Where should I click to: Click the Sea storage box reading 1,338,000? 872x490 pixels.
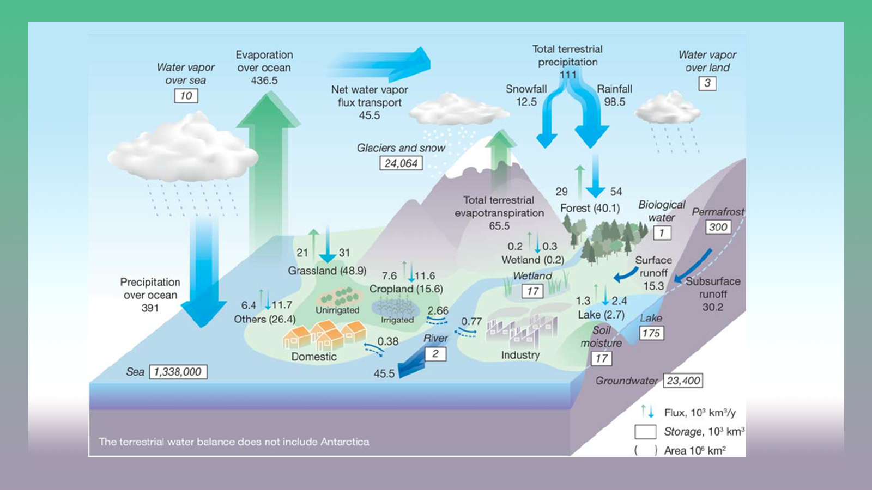tap(178, 372)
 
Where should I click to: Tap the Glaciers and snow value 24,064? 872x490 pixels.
tap(401, 163)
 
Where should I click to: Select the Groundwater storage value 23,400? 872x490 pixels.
tap(683, 381)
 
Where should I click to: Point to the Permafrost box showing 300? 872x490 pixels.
tap(718, 227)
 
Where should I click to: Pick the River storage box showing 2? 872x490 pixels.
tap(435, 354)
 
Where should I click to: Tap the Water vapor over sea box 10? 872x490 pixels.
tap(186, 96)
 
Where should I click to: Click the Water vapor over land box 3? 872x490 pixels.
tap(707, 83)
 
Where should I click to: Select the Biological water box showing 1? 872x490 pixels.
tap(662, 233)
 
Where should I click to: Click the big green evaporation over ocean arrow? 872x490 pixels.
tap(267, 163)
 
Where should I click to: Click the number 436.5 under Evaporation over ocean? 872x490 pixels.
tap(264, 81)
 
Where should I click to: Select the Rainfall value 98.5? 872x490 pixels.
tap(614, 102)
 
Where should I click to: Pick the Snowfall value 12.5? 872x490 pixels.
tap(526, 102)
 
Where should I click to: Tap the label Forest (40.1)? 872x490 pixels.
tap(590, 208)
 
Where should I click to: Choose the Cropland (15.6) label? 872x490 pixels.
tap(406, 289)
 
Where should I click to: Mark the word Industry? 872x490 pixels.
tap(520, 355)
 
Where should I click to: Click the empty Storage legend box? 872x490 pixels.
tap(645, 432)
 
